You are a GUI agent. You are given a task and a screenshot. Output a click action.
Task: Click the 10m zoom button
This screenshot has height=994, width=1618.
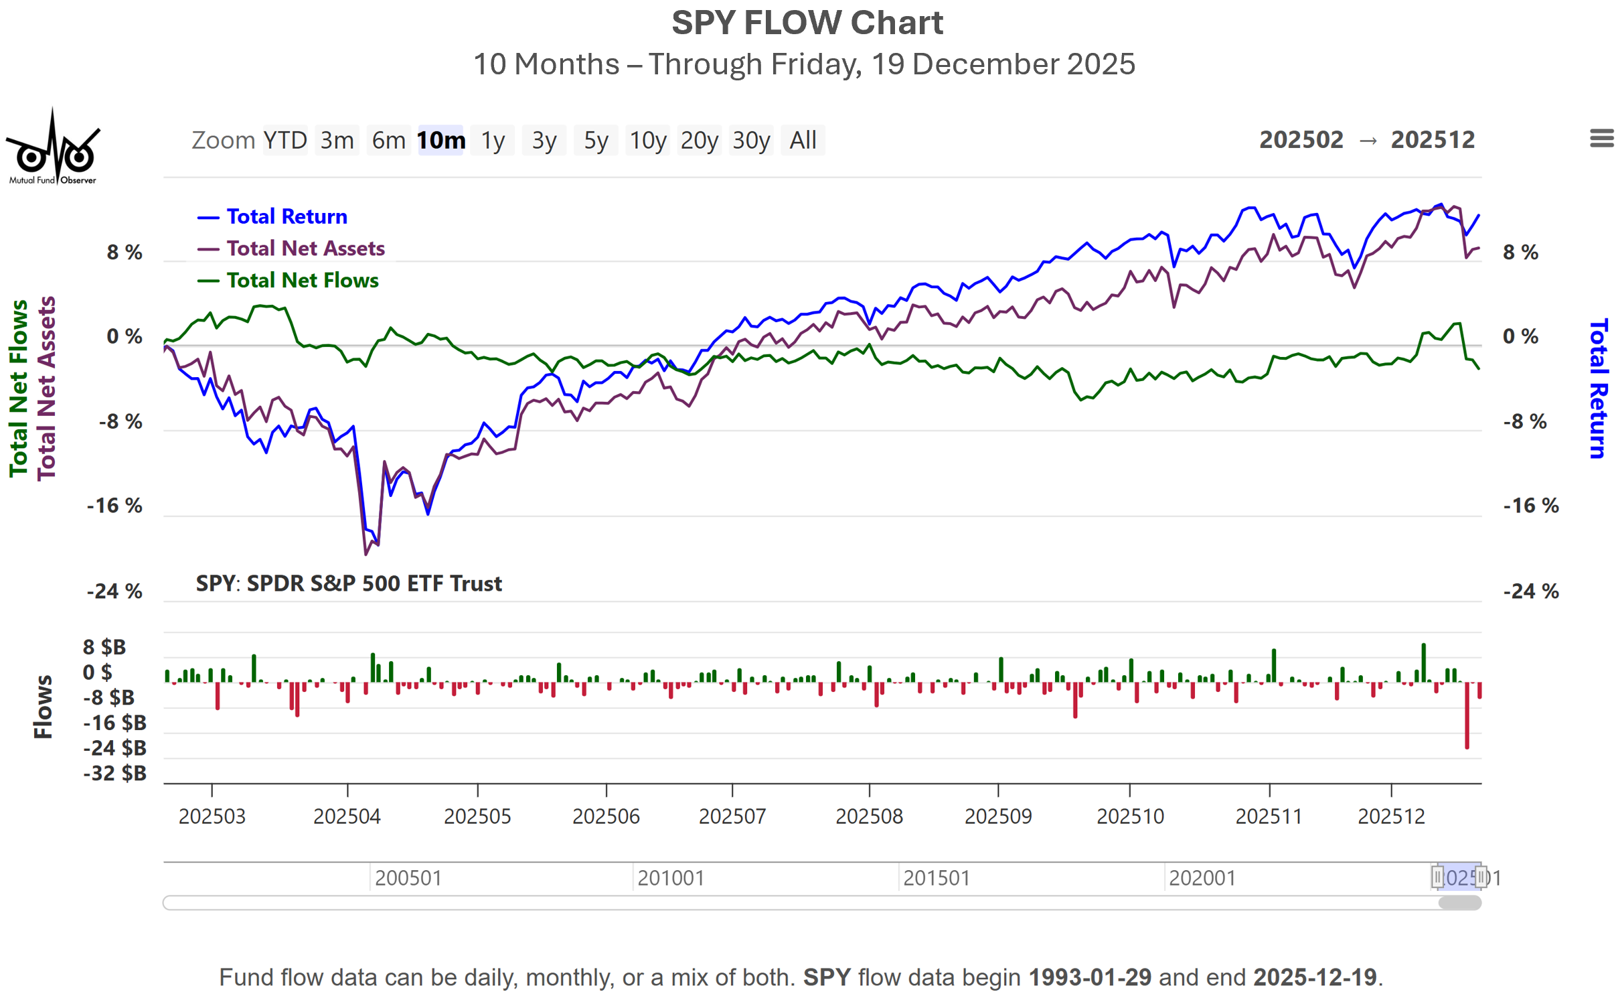[x=440, y=141]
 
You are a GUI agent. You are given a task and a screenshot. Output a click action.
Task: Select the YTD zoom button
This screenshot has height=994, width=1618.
[x=285, y=141]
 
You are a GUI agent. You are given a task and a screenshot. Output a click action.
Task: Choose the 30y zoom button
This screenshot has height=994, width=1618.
[x=750, y=141]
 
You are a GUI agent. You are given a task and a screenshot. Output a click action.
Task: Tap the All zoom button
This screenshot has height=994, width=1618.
[x=803, y=141]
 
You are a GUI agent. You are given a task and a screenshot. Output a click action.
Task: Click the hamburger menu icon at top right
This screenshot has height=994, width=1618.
[x=1601, y=139]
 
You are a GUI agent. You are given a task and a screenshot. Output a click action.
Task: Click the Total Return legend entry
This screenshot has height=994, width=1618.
[x=287, y=217]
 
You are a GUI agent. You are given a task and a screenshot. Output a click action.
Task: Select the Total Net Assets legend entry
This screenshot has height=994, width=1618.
[x=305, y=248]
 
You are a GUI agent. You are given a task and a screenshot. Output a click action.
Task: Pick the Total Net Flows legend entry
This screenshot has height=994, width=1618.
[x=302, y=281]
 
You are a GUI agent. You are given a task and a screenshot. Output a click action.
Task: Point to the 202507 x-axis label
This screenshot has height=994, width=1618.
[x=732, y=816]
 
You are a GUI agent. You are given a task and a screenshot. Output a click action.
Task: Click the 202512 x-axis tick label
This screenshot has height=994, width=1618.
[x=1391, y=816]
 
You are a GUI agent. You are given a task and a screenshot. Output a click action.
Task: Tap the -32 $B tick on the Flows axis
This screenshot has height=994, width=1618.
[x=114, y=774]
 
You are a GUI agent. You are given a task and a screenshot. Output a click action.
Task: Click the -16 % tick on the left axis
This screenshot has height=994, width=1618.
[x=114, y=506]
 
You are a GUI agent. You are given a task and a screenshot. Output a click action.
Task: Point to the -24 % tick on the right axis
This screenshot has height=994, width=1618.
[x=1530, y=591]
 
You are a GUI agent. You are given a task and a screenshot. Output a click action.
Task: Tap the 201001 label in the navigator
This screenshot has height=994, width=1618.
[x=671, y=878]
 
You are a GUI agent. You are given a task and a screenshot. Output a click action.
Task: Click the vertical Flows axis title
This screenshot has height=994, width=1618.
[x=43, y=707]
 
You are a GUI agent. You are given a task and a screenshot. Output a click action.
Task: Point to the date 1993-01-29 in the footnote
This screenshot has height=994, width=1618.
[x=1090, y=977]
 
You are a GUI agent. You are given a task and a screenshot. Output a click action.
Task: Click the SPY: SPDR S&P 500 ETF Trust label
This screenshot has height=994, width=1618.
[x=349, y=584]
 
